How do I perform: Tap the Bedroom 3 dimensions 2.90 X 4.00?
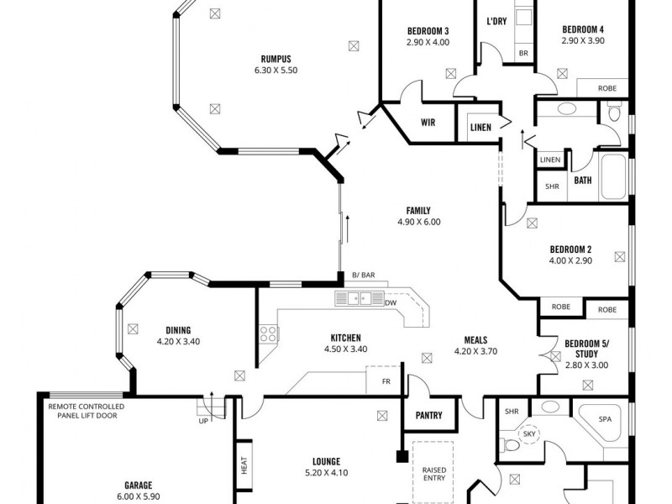pos(428,41)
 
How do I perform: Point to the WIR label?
pos(428,123)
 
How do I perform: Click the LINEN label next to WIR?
pos(480,127)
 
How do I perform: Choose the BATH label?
pos(582,180)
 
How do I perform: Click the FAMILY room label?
pos(418,211)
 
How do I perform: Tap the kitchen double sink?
pos(359,298)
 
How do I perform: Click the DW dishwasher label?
pos(391,302)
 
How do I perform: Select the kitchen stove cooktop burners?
pos(269,333)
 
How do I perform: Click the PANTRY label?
pos(428,415)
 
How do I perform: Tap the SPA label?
pos(605,417)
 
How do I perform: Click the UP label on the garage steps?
pos(203,421)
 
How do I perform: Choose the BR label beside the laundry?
pos(523,53)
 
